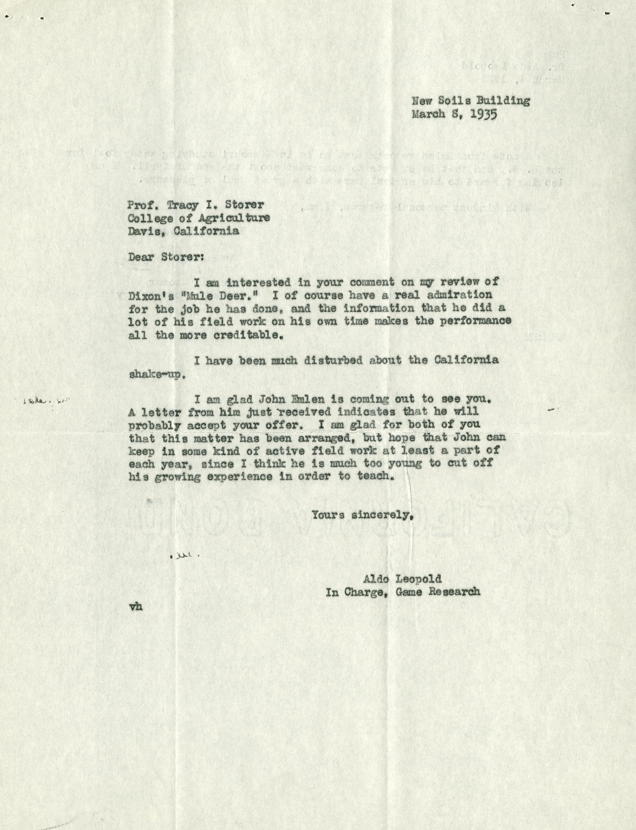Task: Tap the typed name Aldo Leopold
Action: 402,579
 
